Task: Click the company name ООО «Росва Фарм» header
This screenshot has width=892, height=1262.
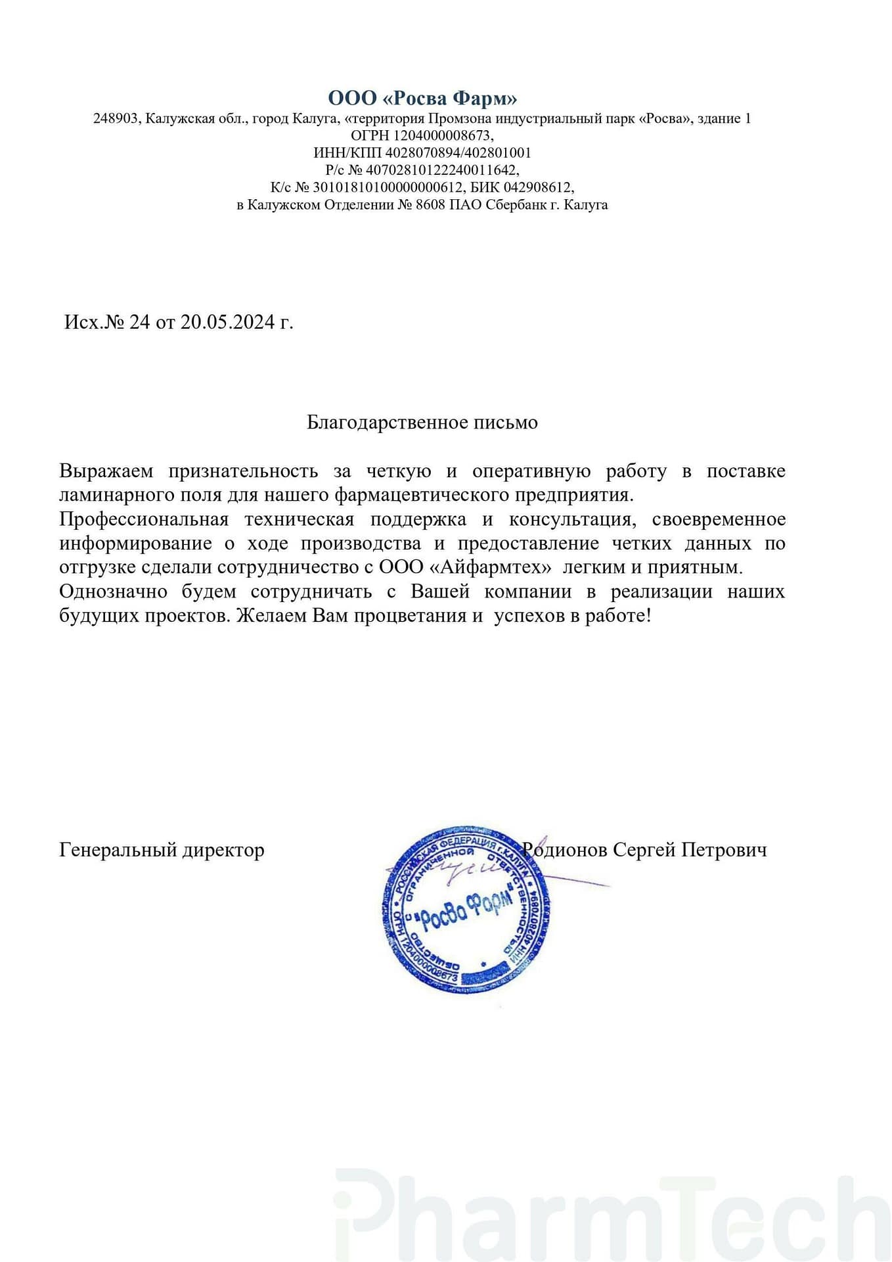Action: (x=422, y=99)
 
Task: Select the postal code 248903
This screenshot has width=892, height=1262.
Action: (x=116, y=119)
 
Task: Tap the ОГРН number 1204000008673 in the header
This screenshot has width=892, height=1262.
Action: (x=442, y=136)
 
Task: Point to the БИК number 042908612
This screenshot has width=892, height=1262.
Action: (x=537, y=187)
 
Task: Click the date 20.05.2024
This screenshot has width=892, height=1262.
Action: (x=227, y=323)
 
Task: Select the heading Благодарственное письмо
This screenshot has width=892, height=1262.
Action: (x=422, y=422)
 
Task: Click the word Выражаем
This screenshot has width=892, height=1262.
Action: (x=106, y=471)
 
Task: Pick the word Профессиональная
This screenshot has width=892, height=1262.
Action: (x=144, y=519)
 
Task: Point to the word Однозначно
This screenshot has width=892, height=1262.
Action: (x=114, y=592)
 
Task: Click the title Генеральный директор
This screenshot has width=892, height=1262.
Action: (x=162, y=850)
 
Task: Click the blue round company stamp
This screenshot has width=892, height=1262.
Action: (x=466, y=910)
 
